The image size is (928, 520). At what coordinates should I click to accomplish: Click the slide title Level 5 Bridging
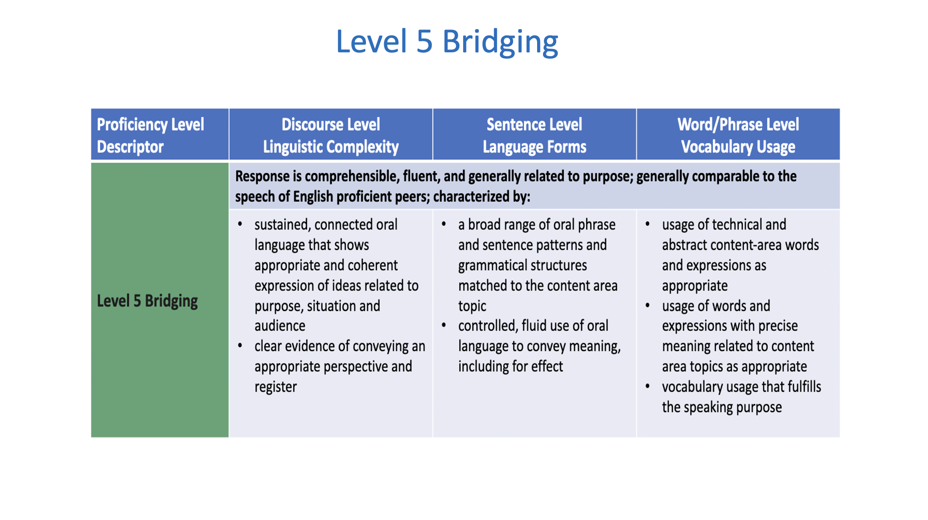[447, 42]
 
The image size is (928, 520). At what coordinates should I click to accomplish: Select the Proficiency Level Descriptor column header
[150, 135]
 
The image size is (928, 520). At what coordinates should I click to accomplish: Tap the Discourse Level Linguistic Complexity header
[331, 135]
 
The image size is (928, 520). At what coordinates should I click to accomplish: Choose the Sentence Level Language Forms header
[535, 135]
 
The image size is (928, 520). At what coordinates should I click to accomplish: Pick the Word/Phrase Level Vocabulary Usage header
[738, 135]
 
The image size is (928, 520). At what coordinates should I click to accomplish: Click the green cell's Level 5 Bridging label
[147, 301]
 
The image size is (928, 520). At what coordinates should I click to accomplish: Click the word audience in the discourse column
[280, 326]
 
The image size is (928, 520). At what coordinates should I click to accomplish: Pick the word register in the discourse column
[276, 387]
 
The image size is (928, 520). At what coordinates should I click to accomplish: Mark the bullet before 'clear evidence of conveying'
[240, 346]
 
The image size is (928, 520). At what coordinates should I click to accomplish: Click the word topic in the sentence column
[472, 306]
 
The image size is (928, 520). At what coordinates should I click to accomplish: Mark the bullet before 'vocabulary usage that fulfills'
[647, 387]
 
